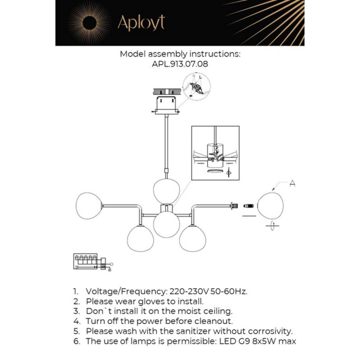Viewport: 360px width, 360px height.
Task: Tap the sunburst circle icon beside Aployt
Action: pos(89,22)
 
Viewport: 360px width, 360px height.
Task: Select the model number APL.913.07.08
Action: pos(179,65)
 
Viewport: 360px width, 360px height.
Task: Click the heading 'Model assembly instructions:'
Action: pos(180,54)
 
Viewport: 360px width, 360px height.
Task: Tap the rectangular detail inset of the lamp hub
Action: pos(215,153)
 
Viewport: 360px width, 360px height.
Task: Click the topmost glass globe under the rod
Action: pos(166,190)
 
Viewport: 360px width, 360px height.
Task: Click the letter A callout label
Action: pos(292,183)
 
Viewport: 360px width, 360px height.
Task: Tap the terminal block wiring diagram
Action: pos(89,261)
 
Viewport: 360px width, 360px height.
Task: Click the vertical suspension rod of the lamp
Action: pos(166,144)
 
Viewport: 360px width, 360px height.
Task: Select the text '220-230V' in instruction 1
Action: pos(186,292)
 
